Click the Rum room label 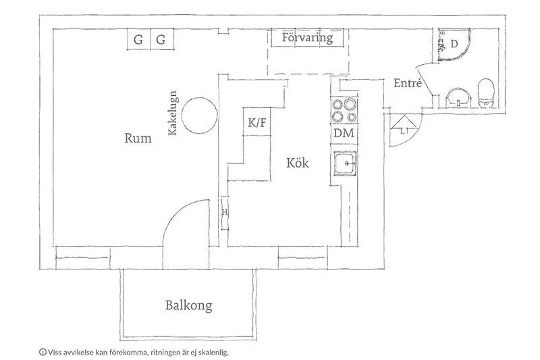pos(138,138)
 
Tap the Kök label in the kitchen pos(298,163)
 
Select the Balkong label pos(189,306)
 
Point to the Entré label pos(408,83)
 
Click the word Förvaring pos(308,38)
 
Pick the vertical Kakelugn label pos(173,113)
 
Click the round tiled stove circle pos(199,115)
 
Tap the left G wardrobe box pos(138,39)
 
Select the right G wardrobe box pos(161,39)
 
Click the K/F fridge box pos(257,122)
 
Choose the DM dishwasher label pos(344,133)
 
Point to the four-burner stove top pos(344,110)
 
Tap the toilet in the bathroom pos(486,93)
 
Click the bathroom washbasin pos(458,97)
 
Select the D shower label pos(454,44)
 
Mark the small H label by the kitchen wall pos(225,212)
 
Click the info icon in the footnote pos(43,352)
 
